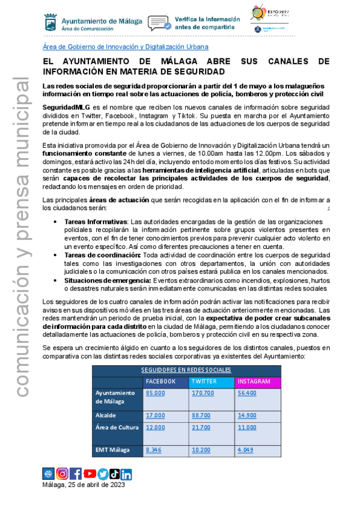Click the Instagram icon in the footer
click(x=62, y=474)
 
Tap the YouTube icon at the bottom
click(x=90, y=474)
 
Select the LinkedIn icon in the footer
click(x=126, y=474)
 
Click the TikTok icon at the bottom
click(x=115, y=474)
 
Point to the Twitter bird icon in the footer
click(x=103, y=474)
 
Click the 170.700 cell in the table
click(x=203, y=393)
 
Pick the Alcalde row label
click(x=105, y=416)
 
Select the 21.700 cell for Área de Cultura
click(x=201, y=427)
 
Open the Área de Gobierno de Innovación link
click(x=126, y=46)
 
